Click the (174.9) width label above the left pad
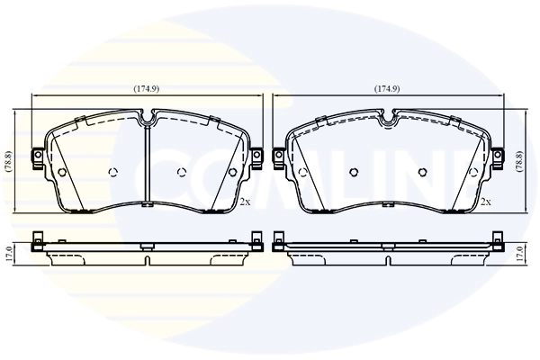[x=147, y=89]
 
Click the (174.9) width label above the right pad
[x=387, y=89]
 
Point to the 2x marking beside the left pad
[x=244, y=202]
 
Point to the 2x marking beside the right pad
[x=486, y=202]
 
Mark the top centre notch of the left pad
[x=147, y=118]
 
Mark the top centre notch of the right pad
[x=388, y=118]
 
